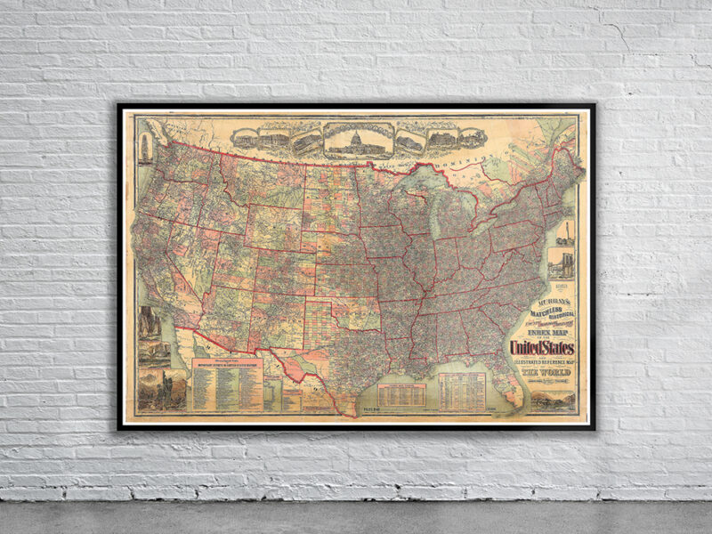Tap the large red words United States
point(541,347)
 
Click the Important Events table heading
point(226,364)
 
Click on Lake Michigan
point(432,214)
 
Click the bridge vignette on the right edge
point(564,263)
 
